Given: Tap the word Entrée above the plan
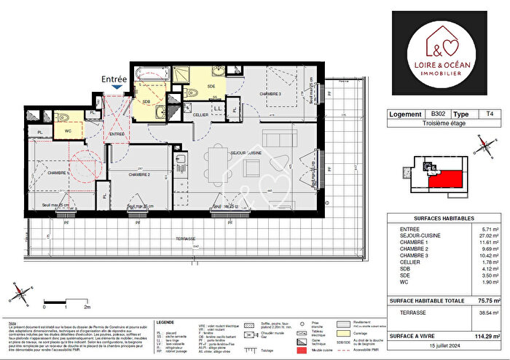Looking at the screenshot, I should pyautogui.click(x=114, y=78).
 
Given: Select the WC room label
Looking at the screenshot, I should pyautogui.click(x=68, y=130).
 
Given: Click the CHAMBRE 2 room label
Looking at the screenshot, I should pyautogui.click(x=139, y=175).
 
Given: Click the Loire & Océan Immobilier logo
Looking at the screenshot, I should pyautogui.click(x=444, y=52).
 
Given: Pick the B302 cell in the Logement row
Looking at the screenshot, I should pyautogui.click(x=437, y=115).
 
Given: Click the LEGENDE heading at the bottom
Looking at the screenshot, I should pyautogui.click(x=166, y=322).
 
